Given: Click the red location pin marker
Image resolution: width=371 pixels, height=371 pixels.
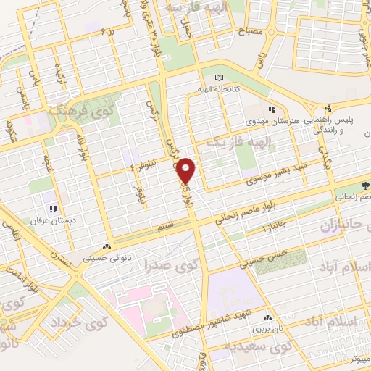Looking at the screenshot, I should click(x=186, y=170).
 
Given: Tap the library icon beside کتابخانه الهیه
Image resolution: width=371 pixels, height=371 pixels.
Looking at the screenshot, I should click(x=220, y=78).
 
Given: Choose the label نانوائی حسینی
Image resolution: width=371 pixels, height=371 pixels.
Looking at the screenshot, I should click(x=106, y=256).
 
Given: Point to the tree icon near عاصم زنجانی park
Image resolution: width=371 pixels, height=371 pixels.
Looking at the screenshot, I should click(x=366, y=186).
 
